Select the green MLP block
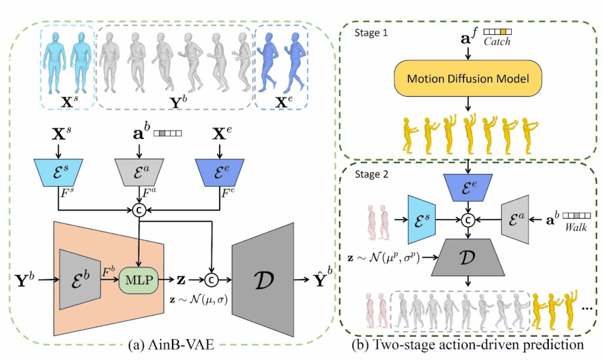(137, 276)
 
